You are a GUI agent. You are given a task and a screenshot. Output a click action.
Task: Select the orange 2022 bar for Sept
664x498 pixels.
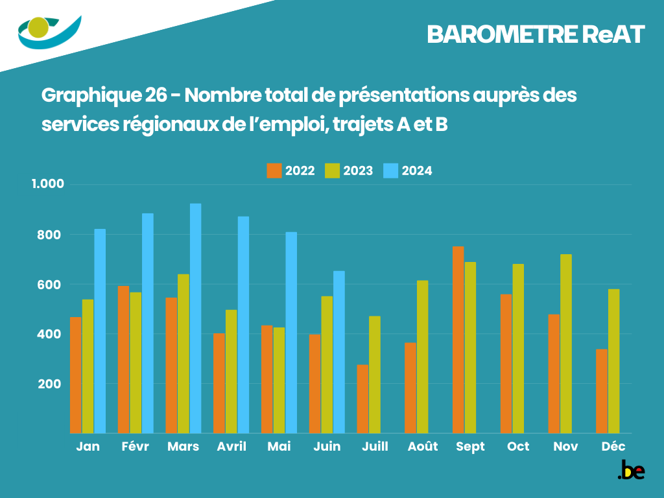pyautogui.click(x=458, y=340)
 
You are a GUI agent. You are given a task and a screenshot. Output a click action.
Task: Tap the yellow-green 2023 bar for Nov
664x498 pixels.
pyautogui.click(x=566, y=344)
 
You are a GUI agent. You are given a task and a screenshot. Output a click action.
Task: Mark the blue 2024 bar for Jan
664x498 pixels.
pyautogui.click(x=100, y=331)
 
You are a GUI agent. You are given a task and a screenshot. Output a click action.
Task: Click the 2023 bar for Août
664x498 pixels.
pyautogui.click(x=423, y=357)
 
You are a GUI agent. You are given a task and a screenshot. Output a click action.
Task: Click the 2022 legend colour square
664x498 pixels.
pyautogui.click(x=274, y=171)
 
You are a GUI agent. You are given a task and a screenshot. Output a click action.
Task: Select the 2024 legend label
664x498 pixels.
pyautogui.click(x=417, y=171)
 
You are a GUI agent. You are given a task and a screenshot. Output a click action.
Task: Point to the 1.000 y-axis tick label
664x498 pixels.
pyautogui.click(x=49, y=184)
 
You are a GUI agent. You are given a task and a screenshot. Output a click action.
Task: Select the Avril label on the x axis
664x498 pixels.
pyautogui.click(x=231, y=447)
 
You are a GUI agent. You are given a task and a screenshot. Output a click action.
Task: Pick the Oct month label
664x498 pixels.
pyautogui.click(x=518, y=447)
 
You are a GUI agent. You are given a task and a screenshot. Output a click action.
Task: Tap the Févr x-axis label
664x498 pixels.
pyautogui.click(x=135, y=447)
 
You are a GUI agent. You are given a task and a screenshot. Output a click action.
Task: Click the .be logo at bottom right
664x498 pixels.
pyautogui.click(x=631, y=471)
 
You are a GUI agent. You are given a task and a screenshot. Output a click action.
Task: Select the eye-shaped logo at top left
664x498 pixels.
pyautogui.click(x=49, y=31)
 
